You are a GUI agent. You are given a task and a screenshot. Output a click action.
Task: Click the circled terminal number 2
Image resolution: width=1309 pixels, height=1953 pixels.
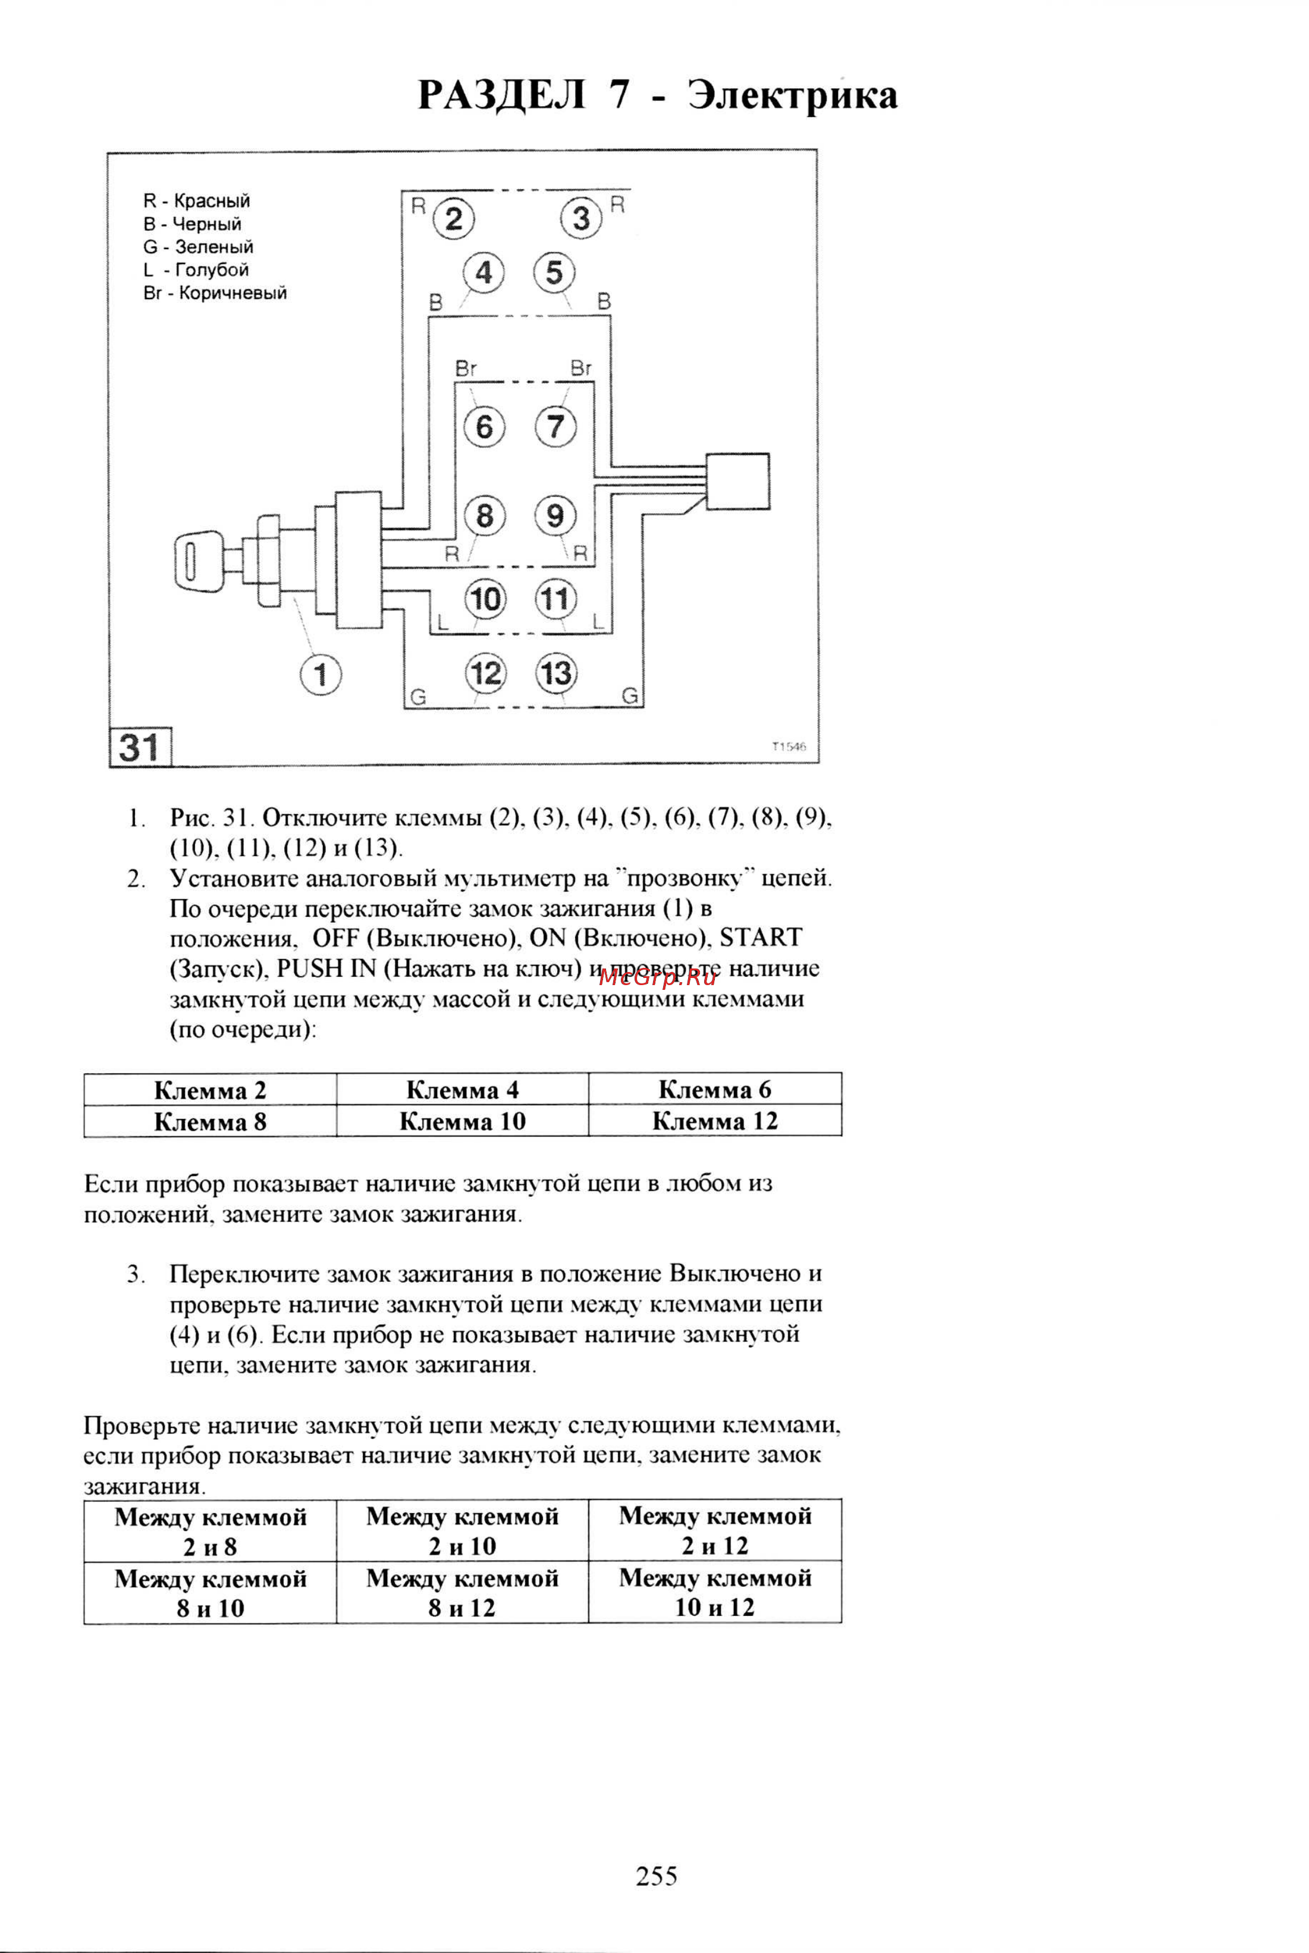point(453,219)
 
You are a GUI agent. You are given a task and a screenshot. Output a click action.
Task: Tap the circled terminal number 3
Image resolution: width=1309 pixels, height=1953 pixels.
point(581,219)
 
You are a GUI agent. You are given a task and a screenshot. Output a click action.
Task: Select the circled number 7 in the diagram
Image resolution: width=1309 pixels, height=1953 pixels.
point(555,426)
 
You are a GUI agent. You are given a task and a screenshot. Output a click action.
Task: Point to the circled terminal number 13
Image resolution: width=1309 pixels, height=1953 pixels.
point(556,673)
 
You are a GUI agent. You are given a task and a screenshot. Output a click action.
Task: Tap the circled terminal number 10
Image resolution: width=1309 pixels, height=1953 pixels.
point(485,599)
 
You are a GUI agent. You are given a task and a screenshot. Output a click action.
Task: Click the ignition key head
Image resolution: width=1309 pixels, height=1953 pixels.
point(199,560)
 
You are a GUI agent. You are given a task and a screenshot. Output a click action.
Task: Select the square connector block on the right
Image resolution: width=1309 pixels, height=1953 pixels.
point(737,482)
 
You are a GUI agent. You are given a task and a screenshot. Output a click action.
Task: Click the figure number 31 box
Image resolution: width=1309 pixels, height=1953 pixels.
point(139,746)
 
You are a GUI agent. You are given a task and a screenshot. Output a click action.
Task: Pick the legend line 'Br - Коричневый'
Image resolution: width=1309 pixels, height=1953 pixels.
point(215,293)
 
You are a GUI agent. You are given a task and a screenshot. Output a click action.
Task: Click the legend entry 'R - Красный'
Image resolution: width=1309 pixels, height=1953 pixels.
point(196,201)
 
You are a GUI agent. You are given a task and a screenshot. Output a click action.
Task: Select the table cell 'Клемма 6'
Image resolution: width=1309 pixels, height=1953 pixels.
point(715,1089)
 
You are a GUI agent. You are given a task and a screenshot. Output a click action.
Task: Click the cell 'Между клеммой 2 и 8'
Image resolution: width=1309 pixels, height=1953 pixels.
point(211,1531)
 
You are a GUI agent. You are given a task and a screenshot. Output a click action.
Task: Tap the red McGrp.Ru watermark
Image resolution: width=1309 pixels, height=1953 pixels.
point(657,977)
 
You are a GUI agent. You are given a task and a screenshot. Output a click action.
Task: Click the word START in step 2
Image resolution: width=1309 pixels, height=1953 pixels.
point(761,938)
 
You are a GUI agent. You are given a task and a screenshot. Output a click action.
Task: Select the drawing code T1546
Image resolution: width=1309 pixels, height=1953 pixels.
point(789,747)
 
